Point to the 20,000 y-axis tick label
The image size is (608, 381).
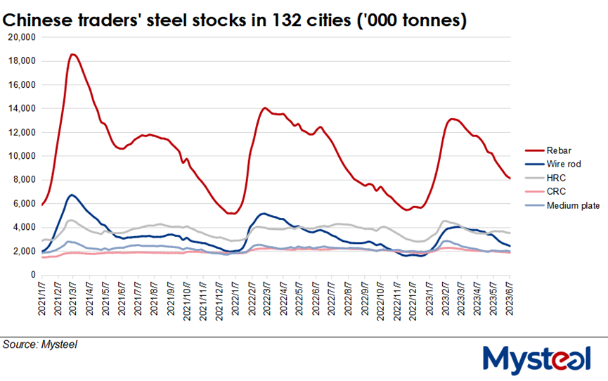(x=21, y=37)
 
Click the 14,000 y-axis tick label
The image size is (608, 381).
(x=21, y=108)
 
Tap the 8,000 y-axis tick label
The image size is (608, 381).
(x=24, y=180)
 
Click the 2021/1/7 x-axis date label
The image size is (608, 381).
(x=42, y=297)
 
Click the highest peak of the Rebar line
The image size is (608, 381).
(x=73, y=54)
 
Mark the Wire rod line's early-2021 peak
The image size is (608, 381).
(x=72, y=195)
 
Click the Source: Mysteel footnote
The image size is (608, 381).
(x=39, y=344)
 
